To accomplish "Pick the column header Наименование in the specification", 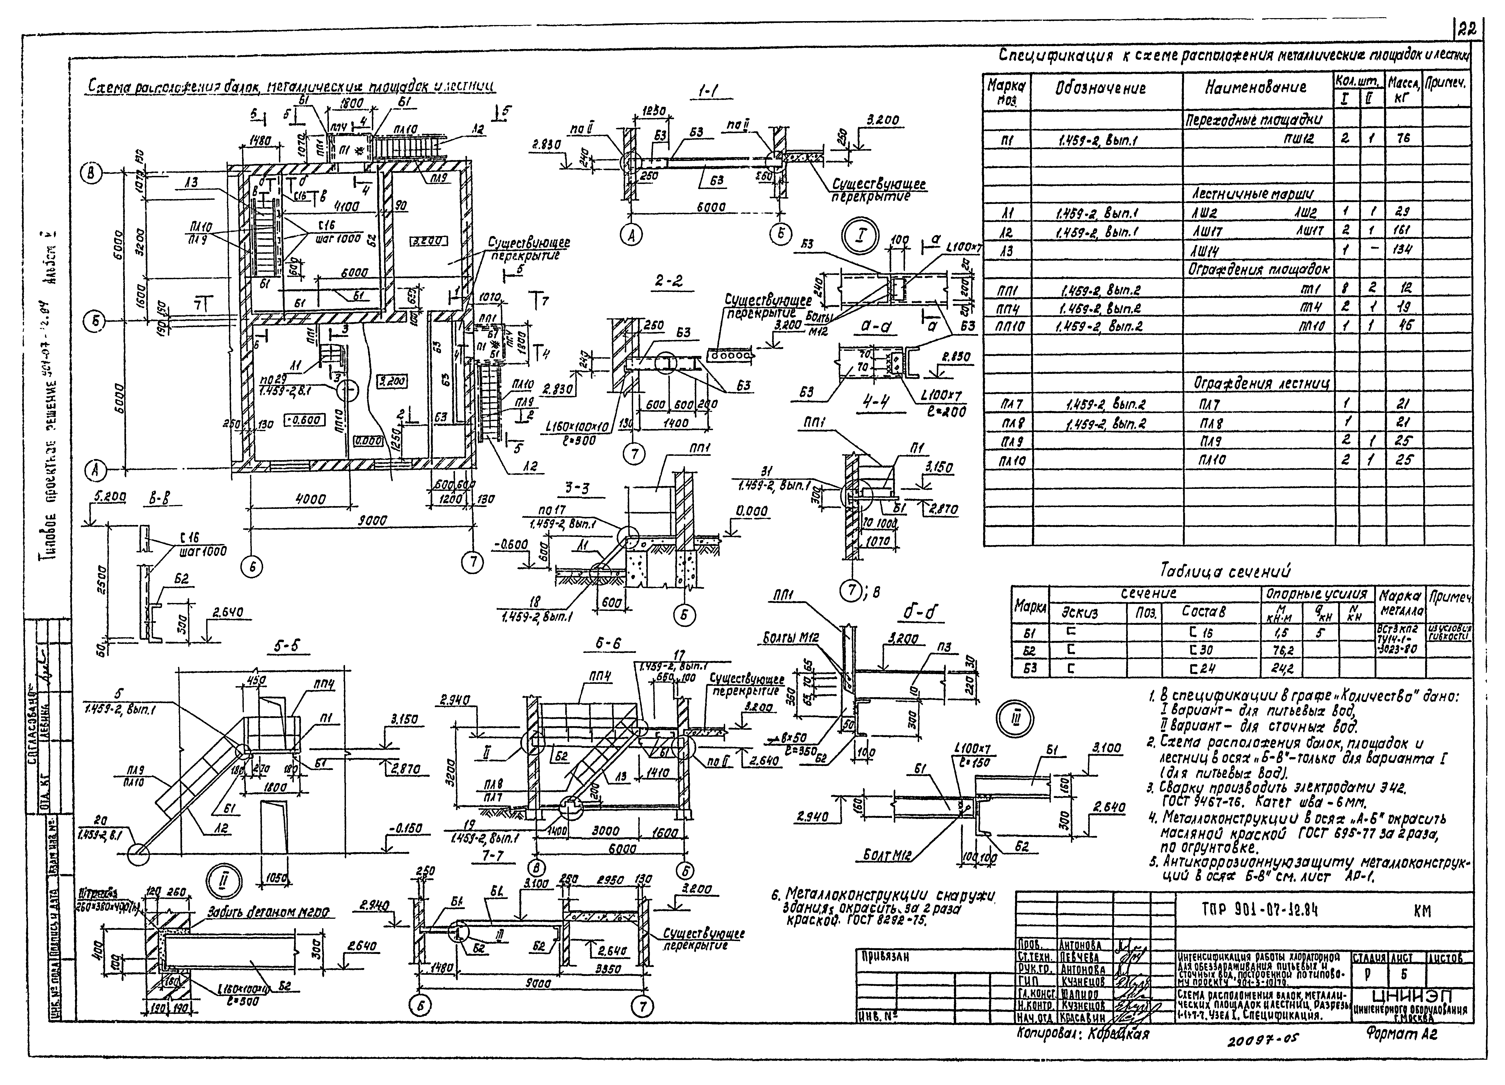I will [x=1255, y=87].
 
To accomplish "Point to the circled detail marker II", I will [x=219, y=881].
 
